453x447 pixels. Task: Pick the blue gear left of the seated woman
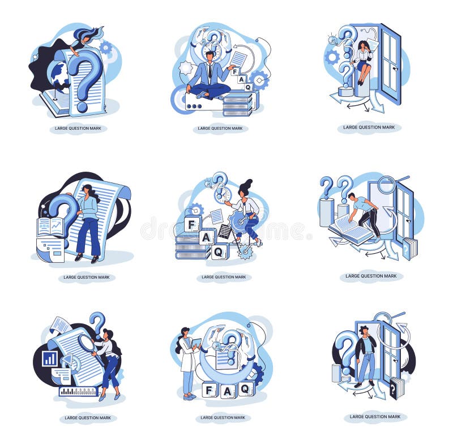[332, 57]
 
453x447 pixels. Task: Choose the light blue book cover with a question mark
[408, 248]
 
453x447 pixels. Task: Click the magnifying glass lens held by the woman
[86, 343]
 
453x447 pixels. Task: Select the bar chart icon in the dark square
[50, 358]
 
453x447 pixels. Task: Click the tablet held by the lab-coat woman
[197, 343]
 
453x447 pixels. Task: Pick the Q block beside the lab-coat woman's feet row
[246, 389]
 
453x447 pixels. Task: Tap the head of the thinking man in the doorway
[364, 331]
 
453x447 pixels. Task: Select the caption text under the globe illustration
[78, 129]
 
